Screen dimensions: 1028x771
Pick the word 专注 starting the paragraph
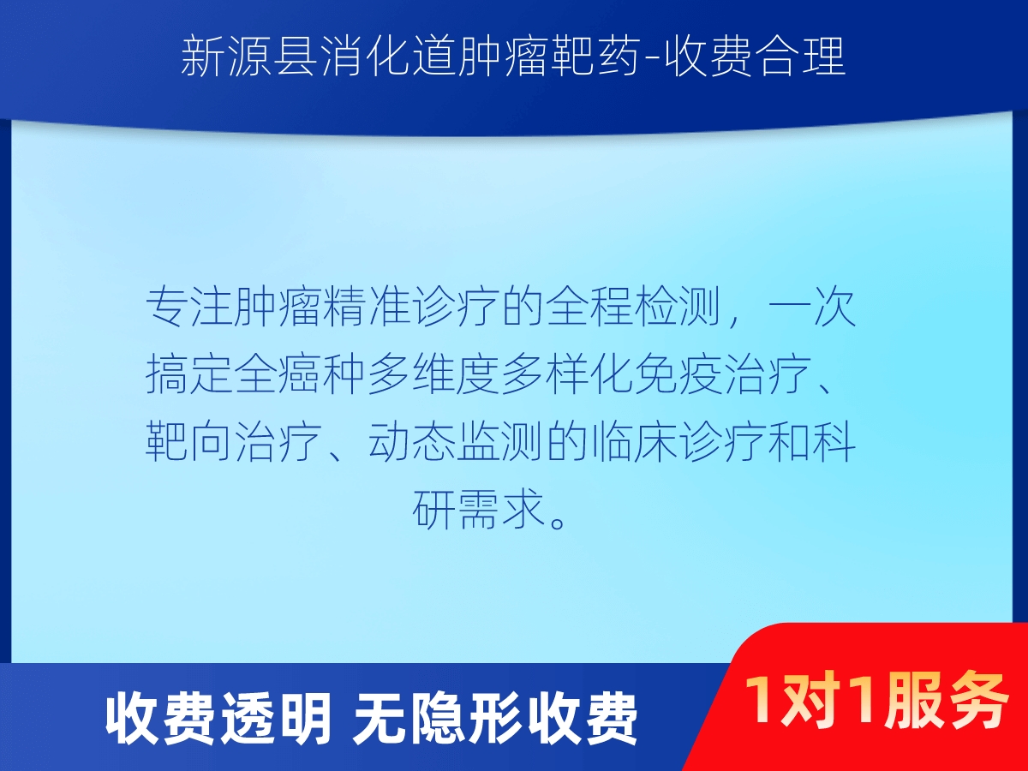tap(190, 307)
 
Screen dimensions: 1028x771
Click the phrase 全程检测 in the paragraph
tap(635, 307)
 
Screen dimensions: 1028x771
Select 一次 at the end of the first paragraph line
tap(814, 307)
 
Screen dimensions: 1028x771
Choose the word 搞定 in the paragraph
tap(190, 374)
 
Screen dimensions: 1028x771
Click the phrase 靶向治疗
tap(234, 442)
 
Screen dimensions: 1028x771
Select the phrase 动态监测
tap(457, 442)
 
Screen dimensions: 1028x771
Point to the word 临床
tap(635, 442)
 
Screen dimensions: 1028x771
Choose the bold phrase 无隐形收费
tap(495, 719)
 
